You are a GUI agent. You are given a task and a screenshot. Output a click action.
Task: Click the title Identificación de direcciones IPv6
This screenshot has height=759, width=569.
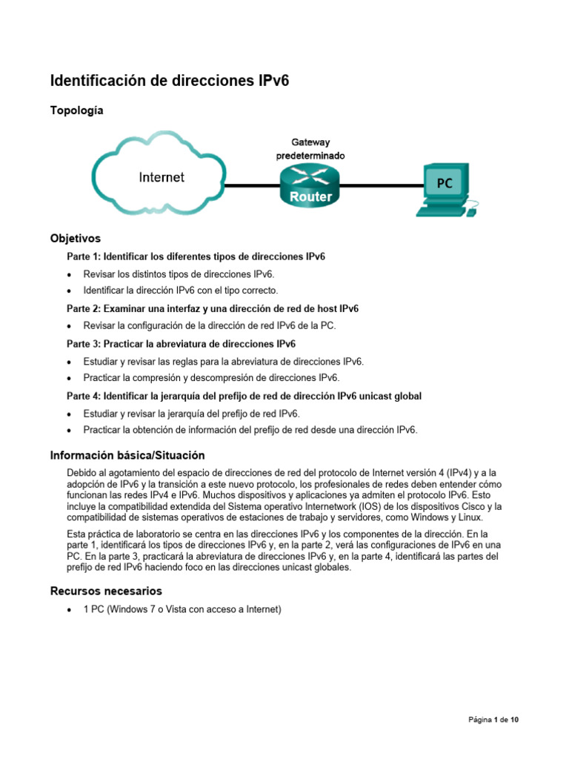(169, 80)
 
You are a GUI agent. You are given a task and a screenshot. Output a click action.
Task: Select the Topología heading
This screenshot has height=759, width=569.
(76, 110)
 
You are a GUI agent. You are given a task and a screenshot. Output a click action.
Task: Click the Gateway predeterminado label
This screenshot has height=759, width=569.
(310, 149)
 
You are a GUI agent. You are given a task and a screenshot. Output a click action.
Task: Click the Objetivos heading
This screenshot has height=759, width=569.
(75, 239)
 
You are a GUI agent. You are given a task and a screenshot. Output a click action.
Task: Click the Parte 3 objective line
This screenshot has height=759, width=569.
(181, 344)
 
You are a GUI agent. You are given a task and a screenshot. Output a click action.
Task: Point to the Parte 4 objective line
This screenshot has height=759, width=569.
(244, 396)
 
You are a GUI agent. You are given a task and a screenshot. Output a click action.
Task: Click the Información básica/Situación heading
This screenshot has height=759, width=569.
(127, 455)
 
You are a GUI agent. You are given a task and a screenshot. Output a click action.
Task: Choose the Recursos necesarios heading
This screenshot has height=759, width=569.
(106, 591)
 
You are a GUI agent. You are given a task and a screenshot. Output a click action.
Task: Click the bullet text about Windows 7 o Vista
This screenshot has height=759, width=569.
(182, 610)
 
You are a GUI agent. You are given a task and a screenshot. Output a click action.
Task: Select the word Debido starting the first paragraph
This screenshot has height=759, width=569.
(81, 473)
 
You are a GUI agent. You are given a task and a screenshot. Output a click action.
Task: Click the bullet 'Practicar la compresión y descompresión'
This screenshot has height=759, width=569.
(211, 377)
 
